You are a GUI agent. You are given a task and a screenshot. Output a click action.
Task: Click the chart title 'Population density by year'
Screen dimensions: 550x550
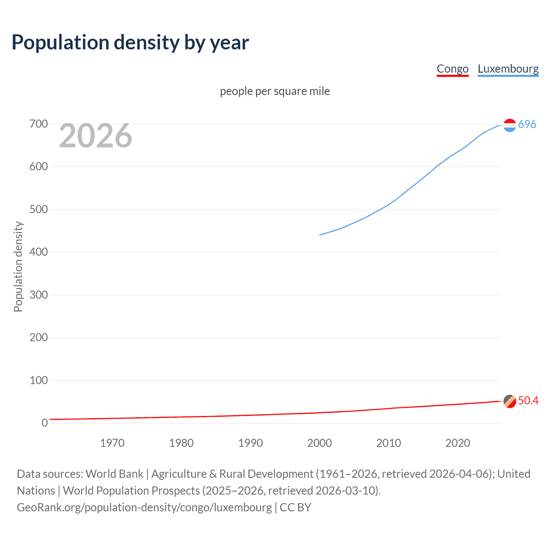coord(130,43)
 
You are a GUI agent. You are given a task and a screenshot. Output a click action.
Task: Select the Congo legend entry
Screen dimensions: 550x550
coord(452,69)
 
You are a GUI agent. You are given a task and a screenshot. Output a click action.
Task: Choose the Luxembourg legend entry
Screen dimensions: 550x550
coord(508,69)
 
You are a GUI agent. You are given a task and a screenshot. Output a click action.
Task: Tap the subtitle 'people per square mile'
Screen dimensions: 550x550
coord(275,91)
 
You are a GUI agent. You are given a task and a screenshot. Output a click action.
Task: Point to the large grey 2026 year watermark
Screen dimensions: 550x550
coord(95,136)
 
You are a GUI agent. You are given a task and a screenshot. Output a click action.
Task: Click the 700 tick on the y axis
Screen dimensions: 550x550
coord(39,124)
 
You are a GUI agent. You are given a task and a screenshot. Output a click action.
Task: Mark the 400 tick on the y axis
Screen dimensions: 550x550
coord(39,252)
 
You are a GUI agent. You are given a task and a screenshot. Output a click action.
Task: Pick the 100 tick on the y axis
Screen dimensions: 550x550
coord(39,380)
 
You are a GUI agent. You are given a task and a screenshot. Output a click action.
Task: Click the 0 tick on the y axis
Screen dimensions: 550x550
coord(45,423)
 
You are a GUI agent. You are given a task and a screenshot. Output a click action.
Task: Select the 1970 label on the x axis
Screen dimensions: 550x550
coord(112,443)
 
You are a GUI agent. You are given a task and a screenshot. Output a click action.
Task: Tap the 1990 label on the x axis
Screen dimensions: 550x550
coord(251,443)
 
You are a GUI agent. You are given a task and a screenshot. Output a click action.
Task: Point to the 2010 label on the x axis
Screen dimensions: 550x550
coord(388,443)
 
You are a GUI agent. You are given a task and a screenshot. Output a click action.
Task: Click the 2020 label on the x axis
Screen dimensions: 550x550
coord(458,443)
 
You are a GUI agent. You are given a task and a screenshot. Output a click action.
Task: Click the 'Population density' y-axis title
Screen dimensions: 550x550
coord(18,266)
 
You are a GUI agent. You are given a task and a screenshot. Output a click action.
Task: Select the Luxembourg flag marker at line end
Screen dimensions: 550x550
coord(510,125)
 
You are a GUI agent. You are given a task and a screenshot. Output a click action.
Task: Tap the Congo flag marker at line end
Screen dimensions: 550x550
coord(510,401)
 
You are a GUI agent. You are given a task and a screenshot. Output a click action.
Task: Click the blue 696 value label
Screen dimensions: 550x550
coord(527,124)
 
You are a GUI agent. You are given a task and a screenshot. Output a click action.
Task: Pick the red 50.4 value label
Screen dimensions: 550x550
coord(528,400)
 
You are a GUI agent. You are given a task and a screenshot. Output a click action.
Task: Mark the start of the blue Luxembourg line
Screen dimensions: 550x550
coord(320,235)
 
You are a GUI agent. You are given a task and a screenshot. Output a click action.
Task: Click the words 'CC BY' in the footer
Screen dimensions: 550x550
coord(295,507)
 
